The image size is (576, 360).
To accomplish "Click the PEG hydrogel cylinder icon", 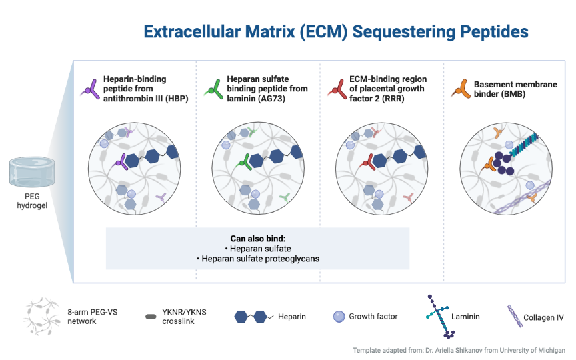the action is click(32, 172).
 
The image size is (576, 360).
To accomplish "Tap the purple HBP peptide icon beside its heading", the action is click(91, 89).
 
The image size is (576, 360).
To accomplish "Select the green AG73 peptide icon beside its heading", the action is click(215, 89).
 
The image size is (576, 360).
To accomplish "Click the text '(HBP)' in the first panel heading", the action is click(176, 99).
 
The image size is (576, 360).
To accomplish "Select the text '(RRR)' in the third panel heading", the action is click(393, 99).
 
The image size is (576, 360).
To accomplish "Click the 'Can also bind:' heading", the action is click(258, 239).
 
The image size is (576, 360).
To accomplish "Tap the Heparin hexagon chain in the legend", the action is click(254, 316).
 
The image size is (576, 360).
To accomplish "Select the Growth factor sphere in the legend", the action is click(339, 316).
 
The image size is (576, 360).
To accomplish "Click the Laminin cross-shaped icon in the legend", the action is click(439, 316).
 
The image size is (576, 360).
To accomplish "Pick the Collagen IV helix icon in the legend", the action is click(515, 316).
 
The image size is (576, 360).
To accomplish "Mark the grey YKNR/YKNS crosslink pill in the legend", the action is click(151, 317).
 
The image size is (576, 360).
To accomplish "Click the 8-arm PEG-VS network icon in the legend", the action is click(42, 316).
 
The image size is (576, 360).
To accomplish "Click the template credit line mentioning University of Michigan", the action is click(459, 350).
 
